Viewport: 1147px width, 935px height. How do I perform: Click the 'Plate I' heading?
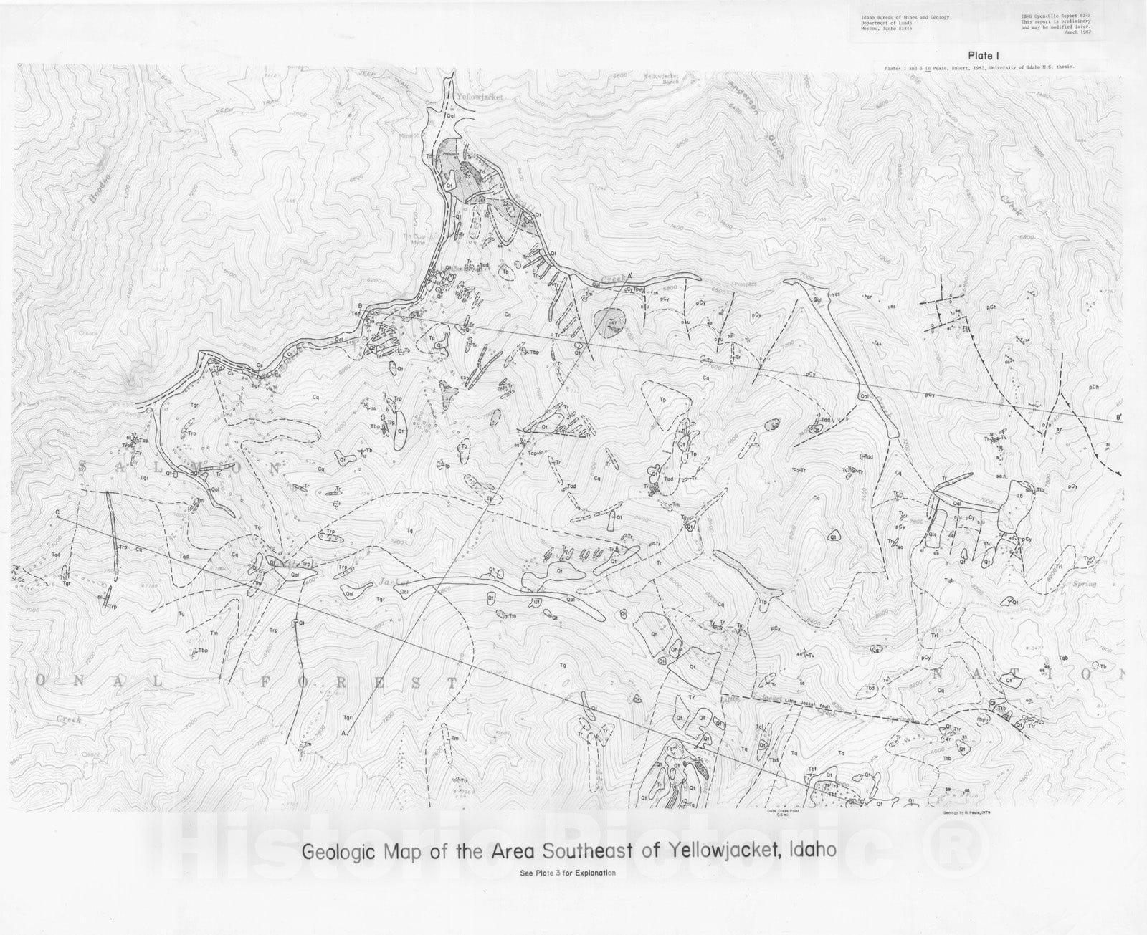pyautogui.click(x=984, y=54)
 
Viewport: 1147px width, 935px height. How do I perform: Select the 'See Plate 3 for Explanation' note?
pyautogui.click(x=567, y=873)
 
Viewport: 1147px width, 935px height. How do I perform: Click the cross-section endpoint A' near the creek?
pyautogui.click(x=630, y=277)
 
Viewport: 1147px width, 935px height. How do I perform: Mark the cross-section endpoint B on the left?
pyautogui.click(x=370, y=306)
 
